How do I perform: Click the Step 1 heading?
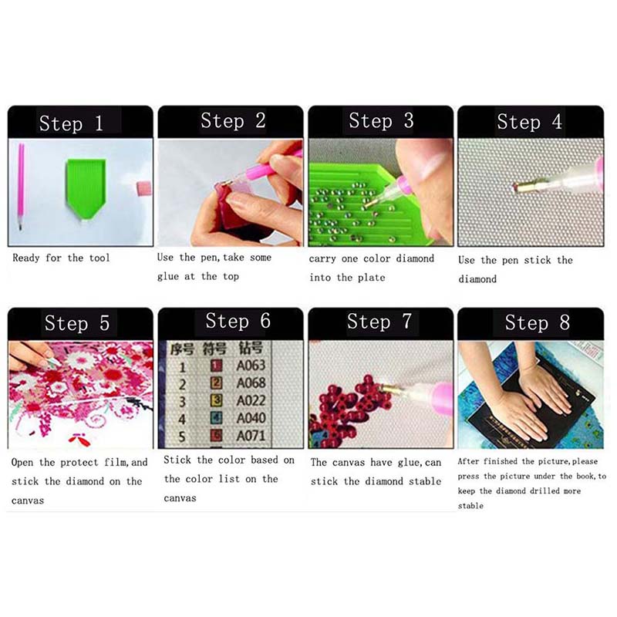[71, 123]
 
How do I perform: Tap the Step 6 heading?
[238, 321]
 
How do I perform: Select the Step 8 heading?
[537, 322]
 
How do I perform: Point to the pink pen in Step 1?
[21, 186]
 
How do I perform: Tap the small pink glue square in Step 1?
[144, 187]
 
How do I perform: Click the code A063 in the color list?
[251, 366]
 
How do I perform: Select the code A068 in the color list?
[251, 383]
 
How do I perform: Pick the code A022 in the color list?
[251, 400]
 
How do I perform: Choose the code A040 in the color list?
[251, 418]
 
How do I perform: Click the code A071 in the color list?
[251, 436]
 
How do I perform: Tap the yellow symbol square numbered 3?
[216, 400]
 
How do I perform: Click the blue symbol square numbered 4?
[216, 418]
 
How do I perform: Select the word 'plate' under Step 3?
[372, 278]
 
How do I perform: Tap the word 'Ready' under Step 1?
[26, 258]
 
